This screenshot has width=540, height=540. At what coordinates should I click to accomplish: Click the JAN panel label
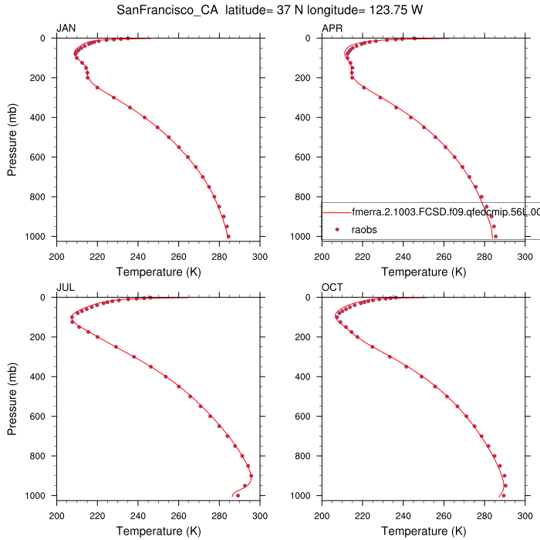pyautogui.click(x=66, y=29)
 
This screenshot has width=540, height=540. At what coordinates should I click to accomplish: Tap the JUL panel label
pyautogui.click(x=65, y=288)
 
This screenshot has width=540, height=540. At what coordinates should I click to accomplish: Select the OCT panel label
pyautogui.click(x=332, y=288)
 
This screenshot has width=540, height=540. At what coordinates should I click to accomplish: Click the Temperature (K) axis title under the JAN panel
pyautogui.click(x=158, y=272)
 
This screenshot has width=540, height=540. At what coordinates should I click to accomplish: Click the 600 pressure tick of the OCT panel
pyautogui.click(x=307, y=416)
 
